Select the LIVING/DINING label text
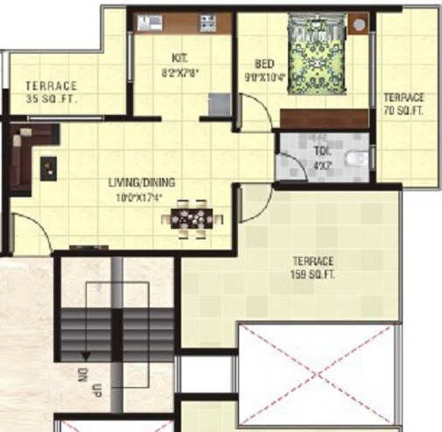141,182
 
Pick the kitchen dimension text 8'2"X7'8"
182,74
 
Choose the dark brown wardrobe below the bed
324,119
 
